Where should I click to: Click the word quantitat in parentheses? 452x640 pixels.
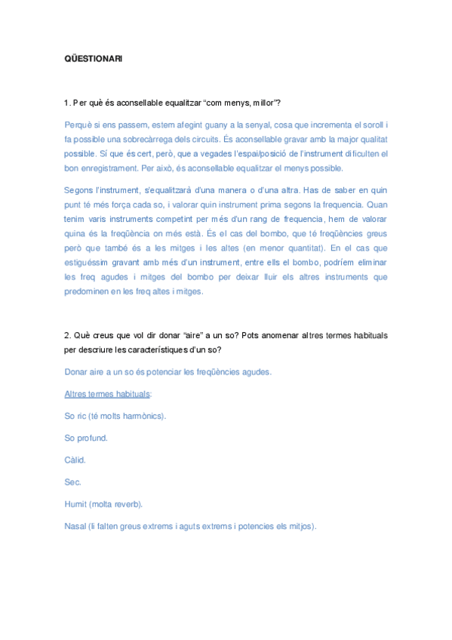pyautogui.click(x=311, y=248)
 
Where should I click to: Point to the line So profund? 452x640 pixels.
pyautogui.click(x=86, y=438)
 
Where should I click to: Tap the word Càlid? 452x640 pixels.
pyautogui.click(x=75, y=460)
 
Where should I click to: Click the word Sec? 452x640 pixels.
pyautogui.click(x=73, y=482)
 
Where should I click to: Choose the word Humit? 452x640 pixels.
pyautogui.click(x=76, y=503)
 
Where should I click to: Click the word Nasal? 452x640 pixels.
pyautogui.click(x=76, y=525)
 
